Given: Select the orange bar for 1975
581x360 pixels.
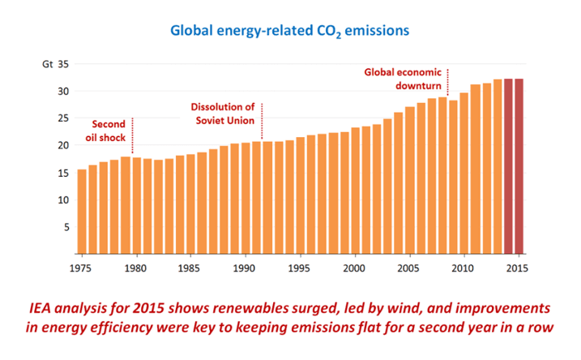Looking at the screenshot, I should (82, 211).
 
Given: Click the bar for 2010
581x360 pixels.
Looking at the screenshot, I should (464, 174).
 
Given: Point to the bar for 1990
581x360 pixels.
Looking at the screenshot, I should (246, 199).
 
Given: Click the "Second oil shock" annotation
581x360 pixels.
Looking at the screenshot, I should (108, 131).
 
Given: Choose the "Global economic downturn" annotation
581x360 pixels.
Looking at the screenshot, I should (403, 78).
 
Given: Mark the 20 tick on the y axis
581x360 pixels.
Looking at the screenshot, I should (63, 145).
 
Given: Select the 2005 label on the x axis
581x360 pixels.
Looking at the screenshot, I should (409, 267).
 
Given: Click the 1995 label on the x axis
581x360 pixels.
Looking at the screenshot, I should (300, 267).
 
